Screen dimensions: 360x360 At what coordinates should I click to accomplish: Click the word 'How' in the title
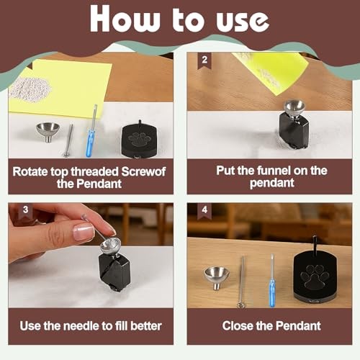(x=125, y=19)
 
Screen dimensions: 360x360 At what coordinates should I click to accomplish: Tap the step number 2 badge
(x=204, y=60)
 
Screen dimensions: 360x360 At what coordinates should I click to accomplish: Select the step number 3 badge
(x=25, y=210)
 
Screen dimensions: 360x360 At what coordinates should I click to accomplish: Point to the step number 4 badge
(x=204, y=211)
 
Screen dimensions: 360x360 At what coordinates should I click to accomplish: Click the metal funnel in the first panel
(x=48, y=132)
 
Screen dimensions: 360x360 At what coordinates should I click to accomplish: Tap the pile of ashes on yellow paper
(x=30, y=89)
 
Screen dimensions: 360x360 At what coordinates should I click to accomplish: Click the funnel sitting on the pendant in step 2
(x=294, y=109)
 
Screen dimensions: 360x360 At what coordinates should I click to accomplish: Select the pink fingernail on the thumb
(x=84, y=232)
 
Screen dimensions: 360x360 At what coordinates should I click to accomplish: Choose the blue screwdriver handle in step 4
(x=272, y=292)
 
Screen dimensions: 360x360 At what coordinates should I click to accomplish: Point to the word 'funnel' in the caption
(x=274, y=171)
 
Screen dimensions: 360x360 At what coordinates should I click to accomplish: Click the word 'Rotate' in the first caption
(x=30, y=171)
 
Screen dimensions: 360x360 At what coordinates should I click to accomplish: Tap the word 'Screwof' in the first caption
(x=143, y=171)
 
